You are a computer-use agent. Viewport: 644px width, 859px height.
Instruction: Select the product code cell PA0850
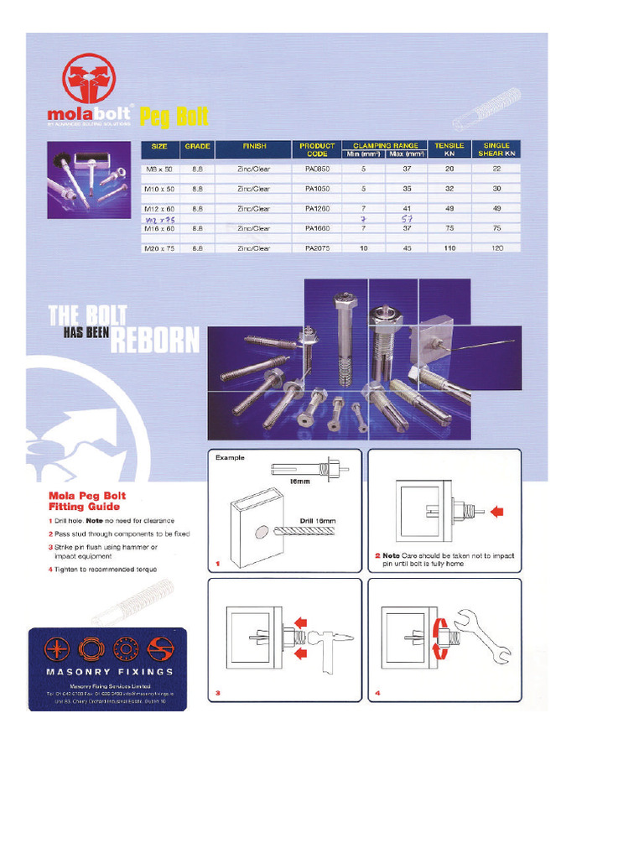317,169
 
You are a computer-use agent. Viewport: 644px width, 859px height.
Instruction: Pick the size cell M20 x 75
159,248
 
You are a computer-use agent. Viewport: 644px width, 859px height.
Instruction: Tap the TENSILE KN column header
449,149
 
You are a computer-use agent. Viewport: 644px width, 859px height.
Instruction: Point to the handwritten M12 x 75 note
158,218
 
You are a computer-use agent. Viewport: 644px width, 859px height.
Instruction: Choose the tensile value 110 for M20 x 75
449,248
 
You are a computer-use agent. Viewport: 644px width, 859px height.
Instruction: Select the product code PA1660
317,228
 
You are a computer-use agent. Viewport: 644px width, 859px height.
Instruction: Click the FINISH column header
254,146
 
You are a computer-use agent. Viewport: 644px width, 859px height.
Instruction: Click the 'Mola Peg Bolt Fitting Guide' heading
84,501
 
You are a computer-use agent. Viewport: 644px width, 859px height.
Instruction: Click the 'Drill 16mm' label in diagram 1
318,521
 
